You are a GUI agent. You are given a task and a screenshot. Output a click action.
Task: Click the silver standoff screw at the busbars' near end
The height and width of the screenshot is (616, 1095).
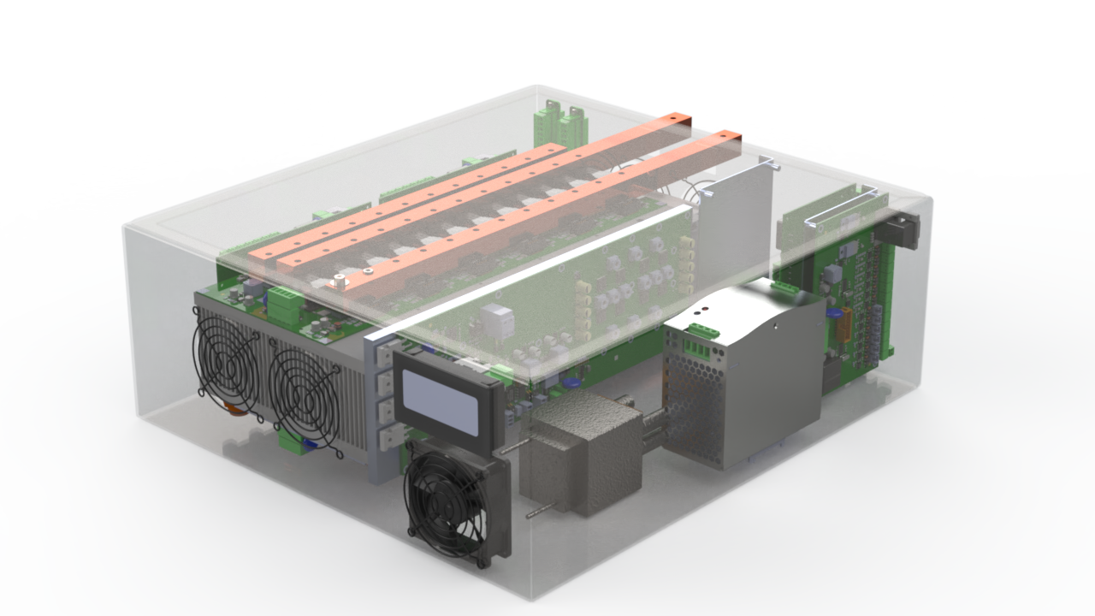coord(340,281)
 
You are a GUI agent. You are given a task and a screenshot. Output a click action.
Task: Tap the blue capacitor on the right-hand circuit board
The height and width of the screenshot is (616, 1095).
coord(832,315)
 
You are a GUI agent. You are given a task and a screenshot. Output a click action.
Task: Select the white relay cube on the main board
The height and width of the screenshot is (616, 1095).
coord(497,320)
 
